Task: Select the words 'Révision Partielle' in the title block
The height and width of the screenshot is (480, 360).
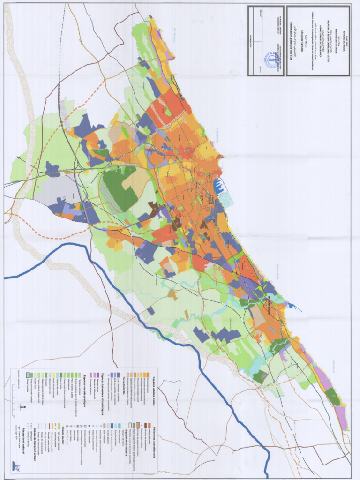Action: click(x=296, y=41)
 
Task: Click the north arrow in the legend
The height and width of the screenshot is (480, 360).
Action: click(x=22, y=407)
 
